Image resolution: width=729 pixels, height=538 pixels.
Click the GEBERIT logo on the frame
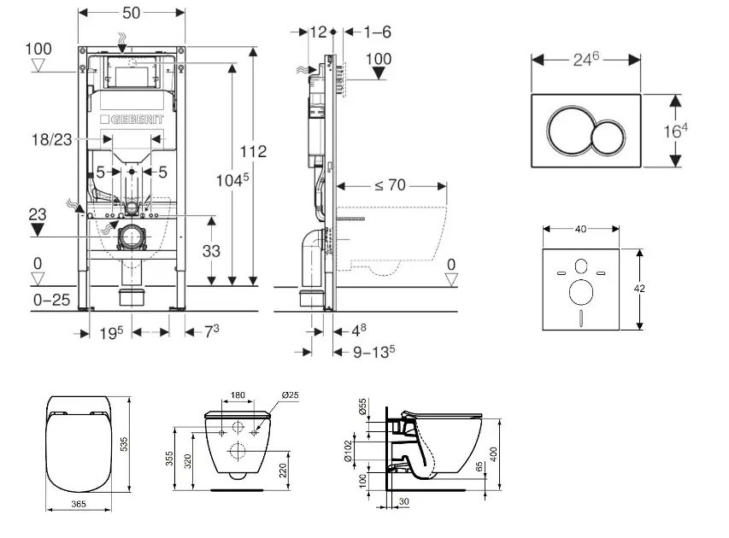[132, 120]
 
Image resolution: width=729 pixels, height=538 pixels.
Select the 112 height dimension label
[255, 151]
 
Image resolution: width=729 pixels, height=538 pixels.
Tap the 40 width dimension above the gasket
[580, 229]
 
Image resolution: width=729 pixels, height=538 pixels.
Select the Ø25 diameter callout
[290, 395]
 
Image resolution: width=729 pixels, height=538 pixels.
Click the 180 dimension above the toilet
[239, 395]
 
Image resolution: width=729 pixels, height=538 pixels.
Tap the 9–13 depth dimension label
[374, 350]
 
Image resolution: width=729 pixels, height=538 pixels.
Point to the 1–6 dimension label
[377, 32]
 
